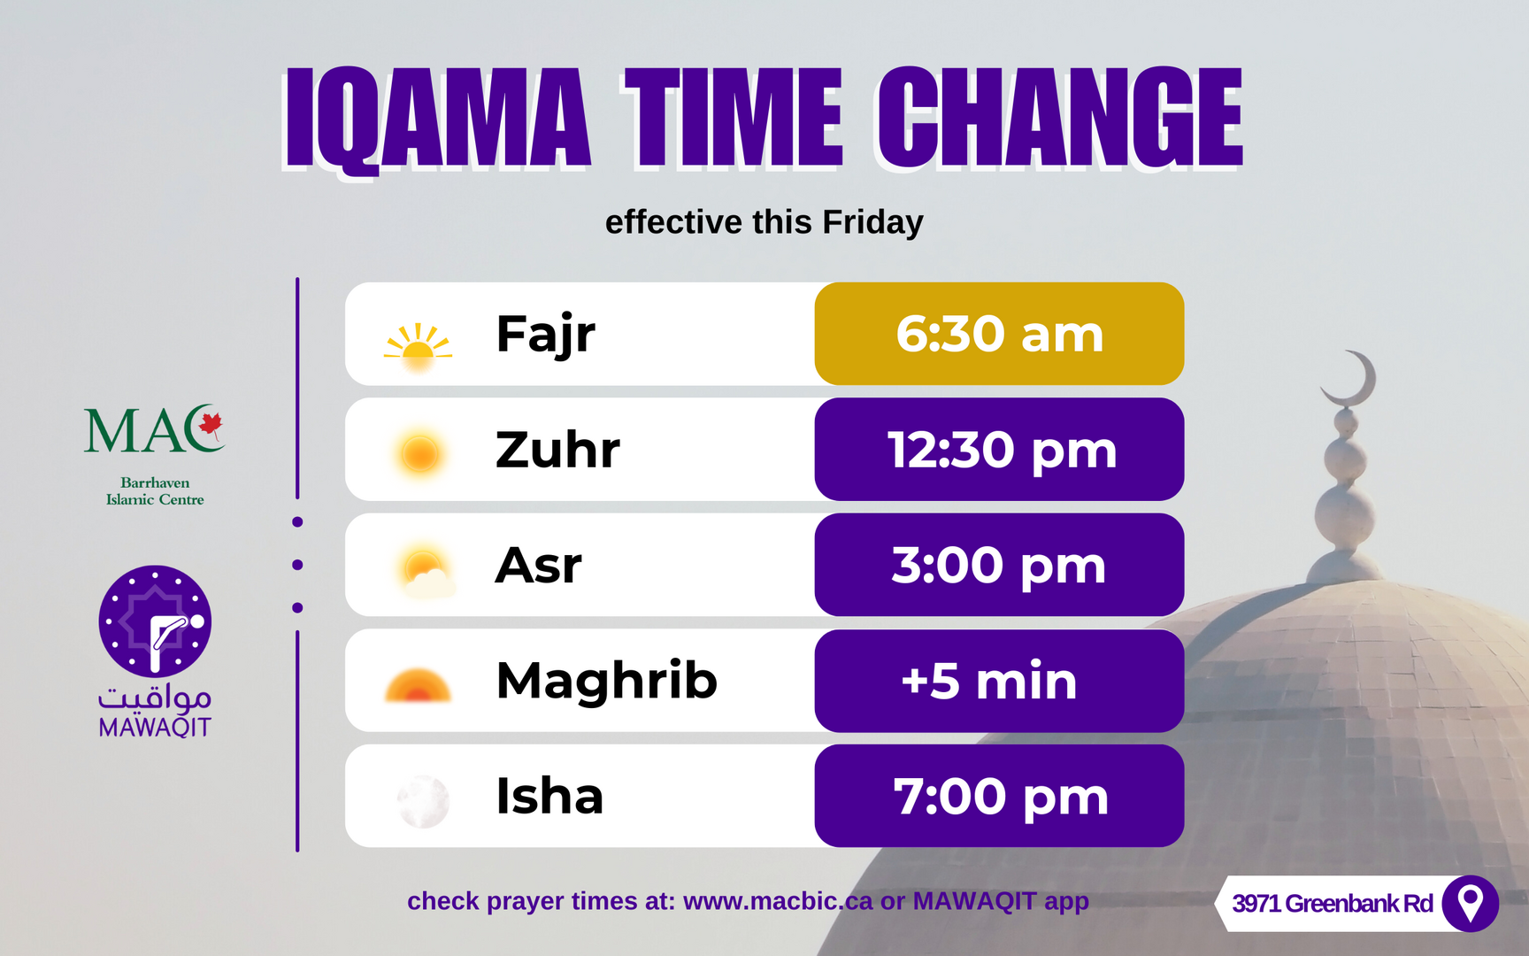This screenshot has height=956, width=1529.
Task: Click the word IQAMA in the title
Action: tap(437, 118)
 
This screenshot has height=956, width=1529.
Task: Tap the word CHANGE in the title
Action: tap(1060, 118)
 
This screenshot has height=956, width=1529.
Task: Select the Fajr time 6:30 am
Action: tap(1000, 334)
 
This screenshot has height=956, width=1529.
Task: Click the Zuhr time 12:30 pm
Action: tap(1002, 450)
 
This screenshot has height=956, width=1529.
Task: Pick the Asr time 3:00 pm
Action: tap(999, 565)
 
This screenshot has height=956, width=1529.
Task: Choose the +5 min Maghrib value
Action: tap(989, 681)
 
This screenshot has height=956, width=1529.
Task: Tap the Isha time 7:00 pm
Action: tap(1001, 797)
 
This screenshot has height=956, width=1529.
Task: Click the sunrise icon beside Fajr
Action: tap(418, 344)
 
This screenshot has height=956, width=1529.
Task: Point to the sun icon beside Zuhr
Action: tap(419, 454)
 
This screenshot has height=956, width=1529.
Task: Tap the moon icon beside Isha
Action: tap(423, 801)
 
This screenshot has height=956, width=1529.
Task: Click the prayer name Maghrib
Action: tap(607, 682)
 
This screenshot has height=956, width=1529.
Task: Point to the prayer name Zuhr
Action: tap(557, 450)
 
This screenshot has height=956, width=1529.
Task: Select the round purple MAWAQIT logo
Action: tap(155, 621)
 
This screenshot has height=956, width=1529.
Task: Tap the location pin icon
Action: tap(1470, 904)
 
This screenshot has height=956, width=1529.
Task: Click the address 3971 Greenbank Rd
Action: tap(1333, 904)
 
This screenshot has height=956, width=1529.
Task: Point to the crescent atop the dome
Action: tap(1352, 378)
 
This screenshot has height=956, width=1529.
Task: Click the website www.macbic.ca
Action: tap(778, 901)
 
